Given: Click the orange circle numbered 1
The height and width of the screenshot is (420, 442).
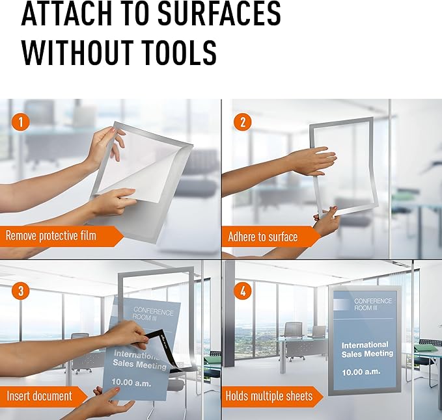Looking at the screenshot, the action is pyautogui.click(x=21, y=122).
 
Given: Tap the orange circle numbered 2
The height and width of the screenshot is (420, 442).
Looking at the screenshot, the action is pyautogui.click(x=243, y=122).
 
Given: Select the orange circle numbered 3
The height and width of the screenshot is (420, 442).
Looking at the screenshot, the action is pyautogui.click(x=21, y=291).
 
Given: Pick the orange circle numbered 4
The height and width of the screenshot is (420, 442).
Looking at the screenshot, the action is pyautogui.click(x=243, y=291).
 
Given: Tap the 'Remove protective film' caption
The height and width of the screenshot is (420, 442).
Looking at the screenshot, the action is pyautogui.click(x=51, y=235).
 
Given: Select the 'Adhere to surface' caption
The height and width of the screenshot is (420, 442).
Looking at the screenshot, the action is pyautogui.click(x=263, y=237).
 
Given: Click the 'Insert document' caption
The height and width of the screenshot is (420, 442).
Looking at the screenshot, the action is pyautogui.click(x=40, y=396).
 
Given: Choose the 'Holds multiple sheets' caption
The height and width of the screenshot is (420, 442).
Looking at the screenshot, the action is pyautogui.click(x=269, y=396).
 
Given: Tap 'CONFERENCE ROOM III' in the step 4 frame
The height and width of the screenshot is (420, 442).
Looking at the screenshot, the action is pyautogui.click(x=372, y=304).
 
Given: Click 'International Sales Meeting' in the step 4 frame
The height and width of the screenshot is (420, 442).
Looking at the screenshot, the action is pyautogui.click(x=367, y=349).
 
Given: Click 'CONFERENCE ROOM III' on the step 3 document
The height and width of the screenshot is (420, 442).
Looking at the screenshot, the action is pyautogui.click(x=153, y=313).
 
